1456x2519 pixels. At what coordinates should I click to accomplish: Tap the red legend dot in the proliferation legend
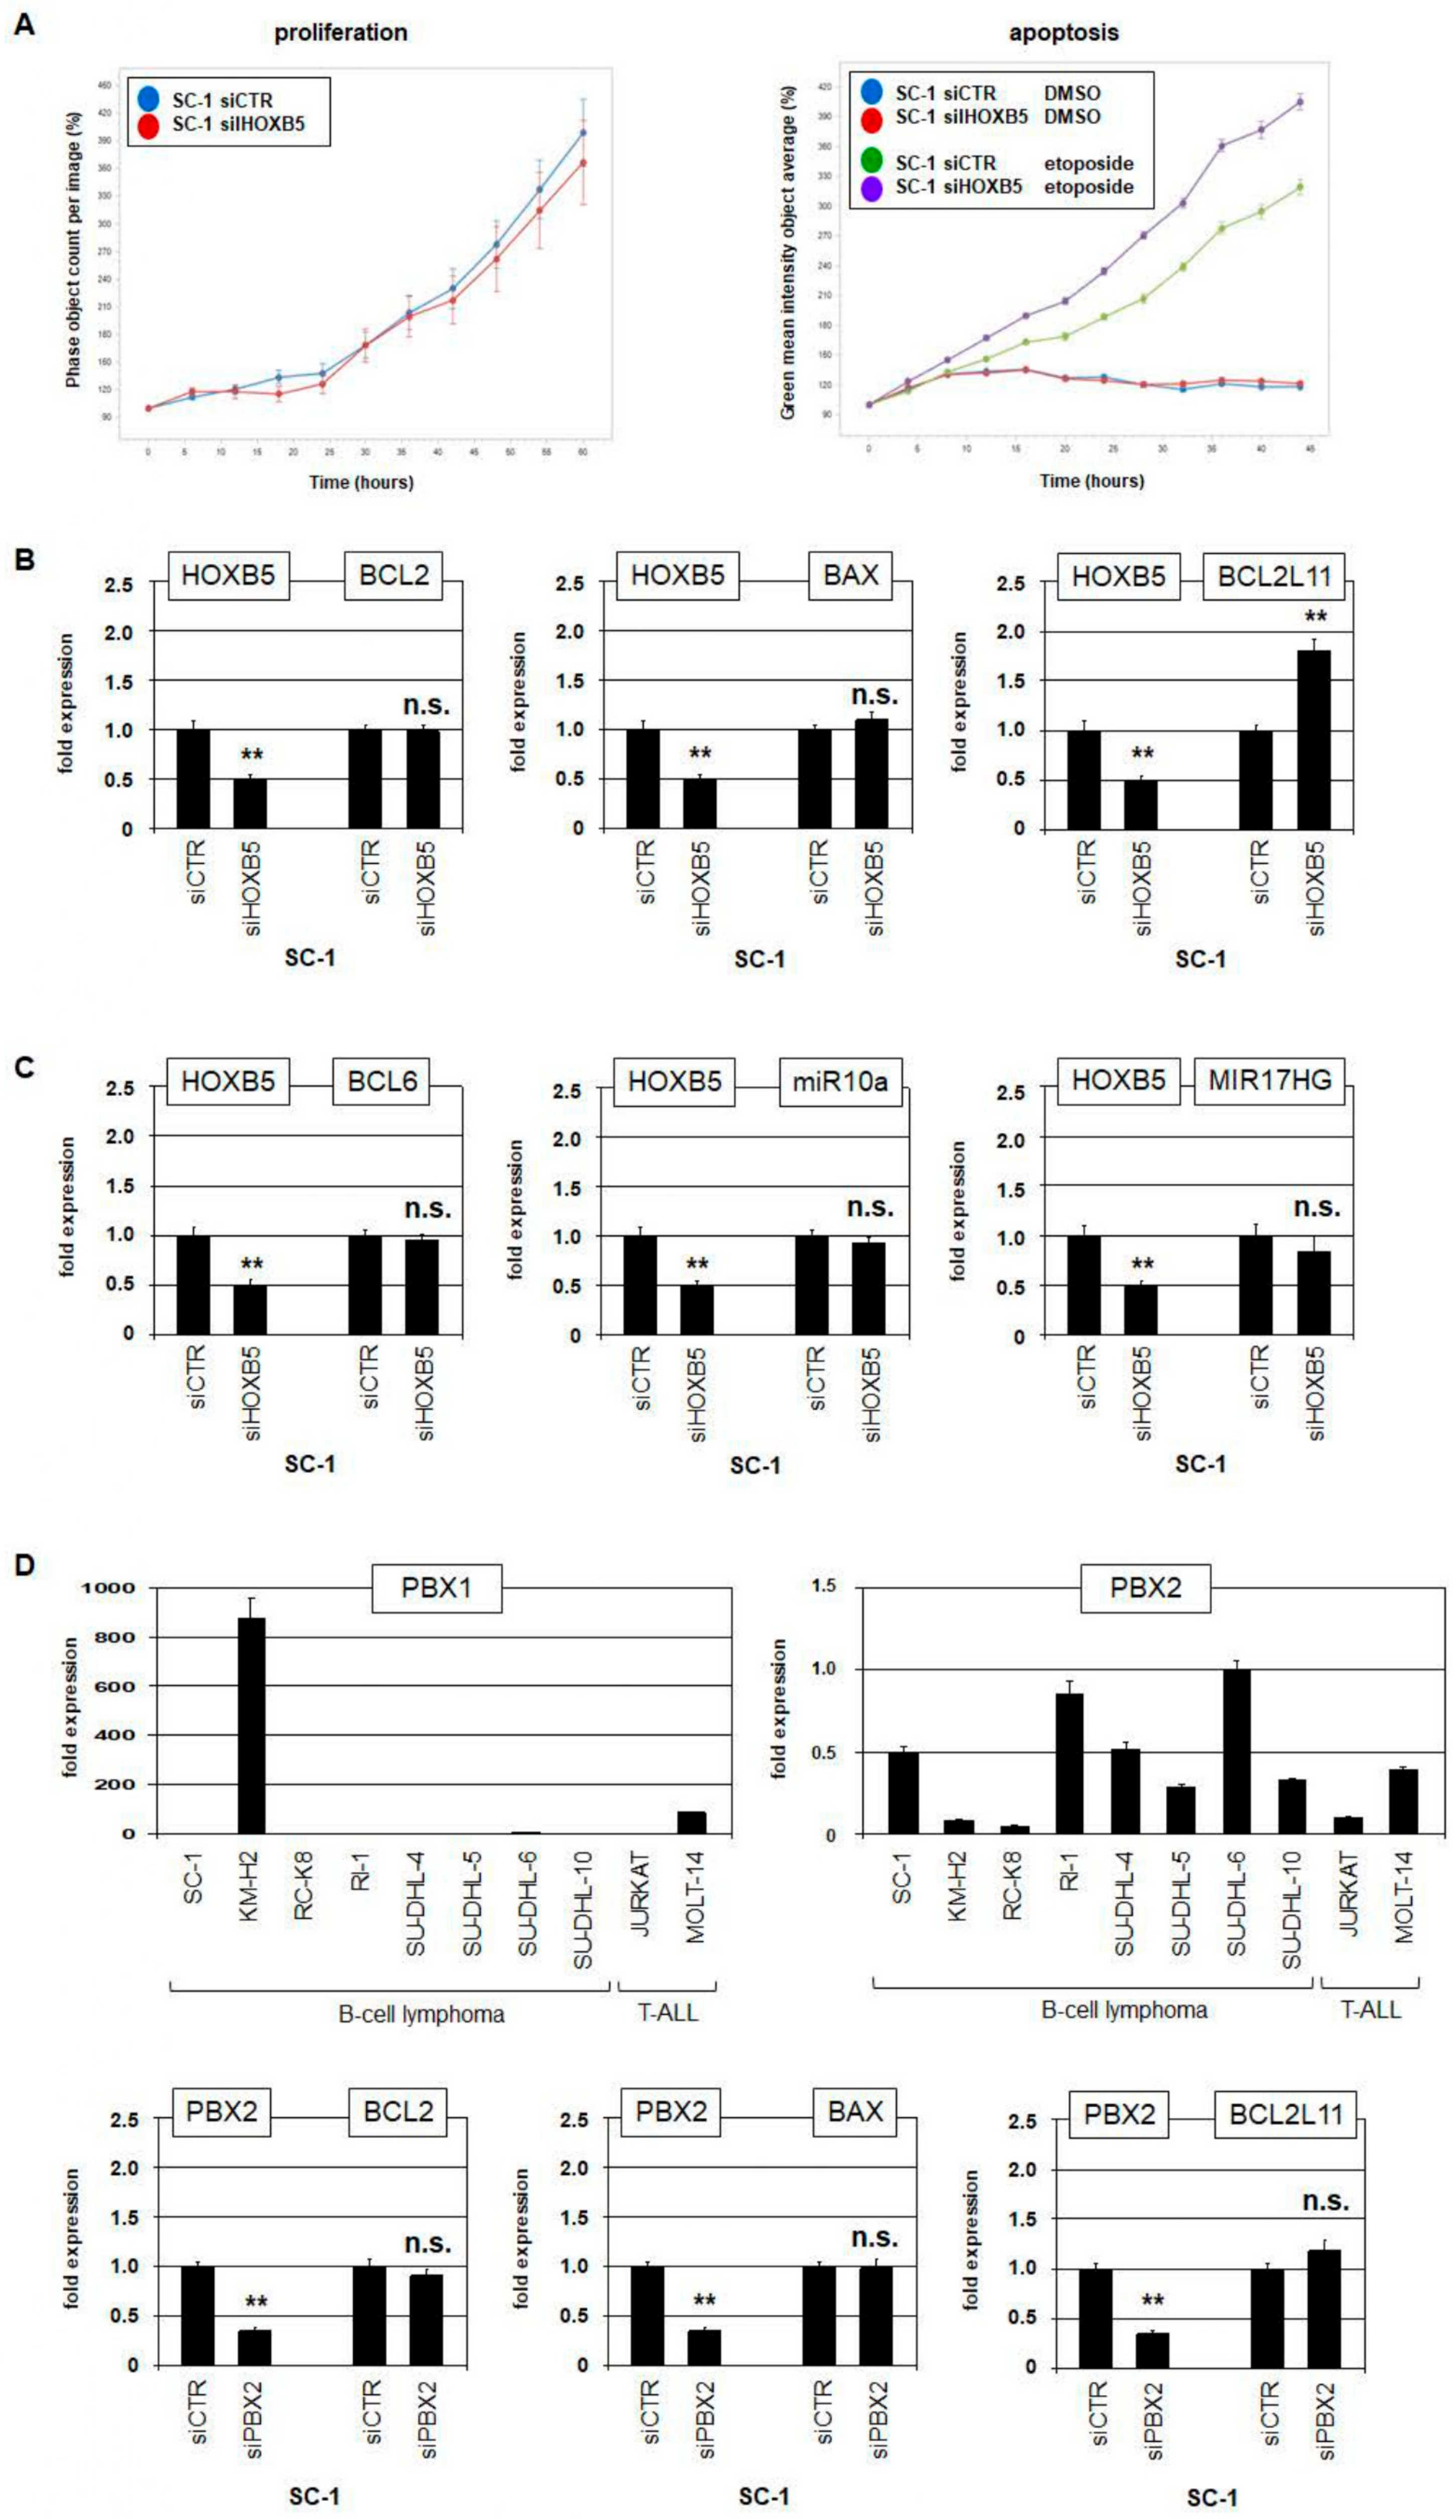[x=149, y=125]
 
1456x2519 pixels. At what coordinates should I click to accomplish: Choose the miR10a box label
[x=840, y=1082]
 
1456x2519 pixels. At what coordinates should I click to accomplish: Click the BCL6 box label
[x=382, y=1082]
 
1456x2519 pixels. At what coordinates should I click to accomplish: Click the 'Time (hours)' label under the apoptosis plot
[x=1091, y=481]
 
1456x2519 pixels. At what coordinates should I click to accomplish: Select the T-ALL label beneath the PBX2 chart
[x=1370, y=2009]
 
